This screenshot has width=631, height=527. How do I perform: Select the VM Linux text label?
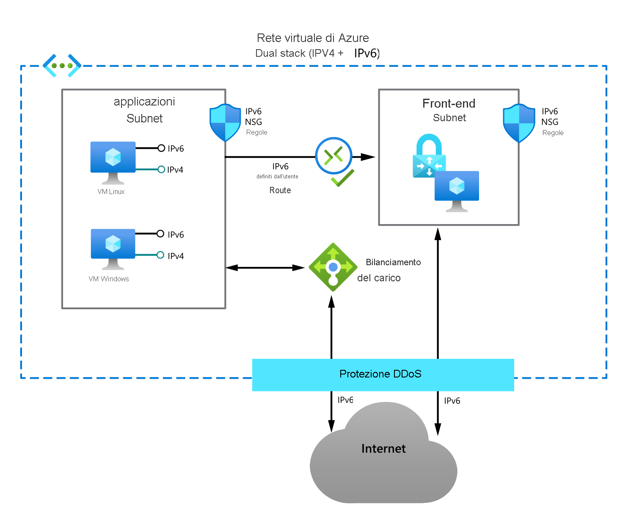(111, 192)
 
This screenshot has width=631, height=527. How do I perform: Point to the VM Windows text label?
(109, 279)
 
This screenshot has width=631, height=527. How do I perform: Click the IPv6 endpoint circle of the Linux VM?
(161, 148)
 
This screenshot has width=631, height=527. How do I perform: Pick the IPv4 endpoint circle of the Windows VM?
(160, 255)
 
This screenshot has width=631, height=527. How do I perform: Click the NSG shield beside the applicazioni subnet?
(225, 123)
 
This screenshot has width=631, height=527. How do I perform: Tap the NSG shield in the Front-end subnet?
(519, 123)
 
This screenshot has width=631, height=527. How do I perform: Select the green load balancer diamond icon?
(333, 267)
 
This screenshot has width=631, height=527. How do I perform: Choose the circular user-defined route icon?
(333, 155)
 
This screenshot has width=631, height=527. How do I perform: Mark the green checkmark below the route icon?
(342, 178)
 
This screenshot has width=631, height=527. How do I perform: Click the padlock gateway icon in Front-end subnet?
(429, 157)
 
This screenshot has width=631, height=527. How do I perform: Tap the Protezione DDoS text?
(380, 374)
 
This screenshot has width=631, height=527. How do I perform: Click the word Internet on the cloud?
(383, 449)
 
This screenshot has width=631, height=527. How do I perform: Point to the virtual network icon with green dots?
(62, 66)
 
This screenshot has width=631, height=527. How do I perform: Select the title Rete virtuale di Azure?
(313, 38)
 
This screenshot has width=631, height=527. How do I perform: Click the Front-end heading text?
(449, 103)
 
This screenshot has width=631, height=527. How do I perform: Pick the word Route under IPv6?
(280, 191)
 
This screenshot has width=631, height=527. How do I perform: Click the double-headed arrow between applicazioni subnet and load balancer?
(265, 268)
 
